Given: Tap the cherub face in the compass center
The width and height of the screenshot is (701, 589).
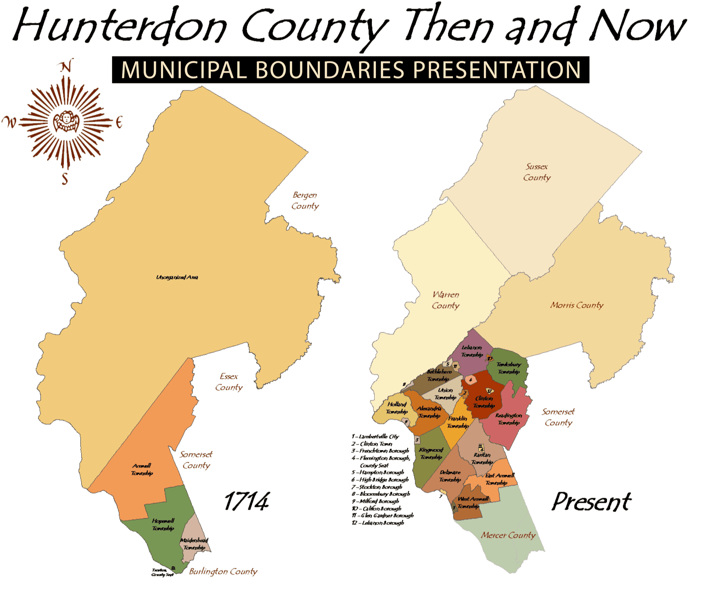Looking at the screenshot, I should [x=66, y=121].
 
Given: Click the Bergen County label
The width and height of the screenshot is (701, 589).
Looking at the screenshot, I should [x=305, y=200].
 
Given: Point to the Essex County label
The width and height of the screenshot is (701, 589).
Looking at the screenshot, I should [x=229, y=382].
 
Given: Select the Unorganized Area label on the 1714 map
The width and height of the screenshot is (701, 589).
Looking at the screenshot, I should [x=177, y=277].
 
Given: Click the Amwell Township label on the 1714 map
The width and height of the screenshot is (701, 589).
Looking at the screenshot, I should [x=142, y=469].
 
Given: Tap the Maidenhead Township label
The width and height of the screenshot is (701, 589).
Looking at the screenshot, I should [x=194, y=544].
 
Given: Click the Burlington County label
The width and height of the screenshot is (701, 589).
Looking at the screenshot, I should [x=223, y=572].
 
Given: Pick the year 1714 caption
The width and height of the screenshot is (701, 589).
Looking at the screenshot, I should [x=246, y=502].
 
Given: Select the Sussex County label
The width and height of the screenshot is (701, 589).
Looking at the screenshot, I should [x=537, y=172].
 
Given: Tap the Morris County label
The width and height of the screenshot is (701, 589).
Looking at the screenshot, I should [x=577, y=305].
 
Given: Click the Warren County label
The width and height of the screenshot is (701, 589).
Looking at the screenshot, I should [x=446, y=300].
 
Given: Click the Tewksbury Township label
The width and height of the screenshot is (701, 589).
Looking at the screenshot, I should [x=508, y=368].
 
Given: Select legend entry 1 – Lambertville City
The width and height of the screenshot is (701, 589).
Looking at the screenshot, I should [x=376, y=437].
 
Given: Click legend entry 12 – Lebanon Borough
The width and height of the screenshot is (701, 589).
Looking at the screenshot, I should [x=378, y=523].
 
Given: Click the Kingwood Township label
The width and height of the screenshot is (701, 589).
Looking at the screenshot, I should [x=431, y=453].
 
